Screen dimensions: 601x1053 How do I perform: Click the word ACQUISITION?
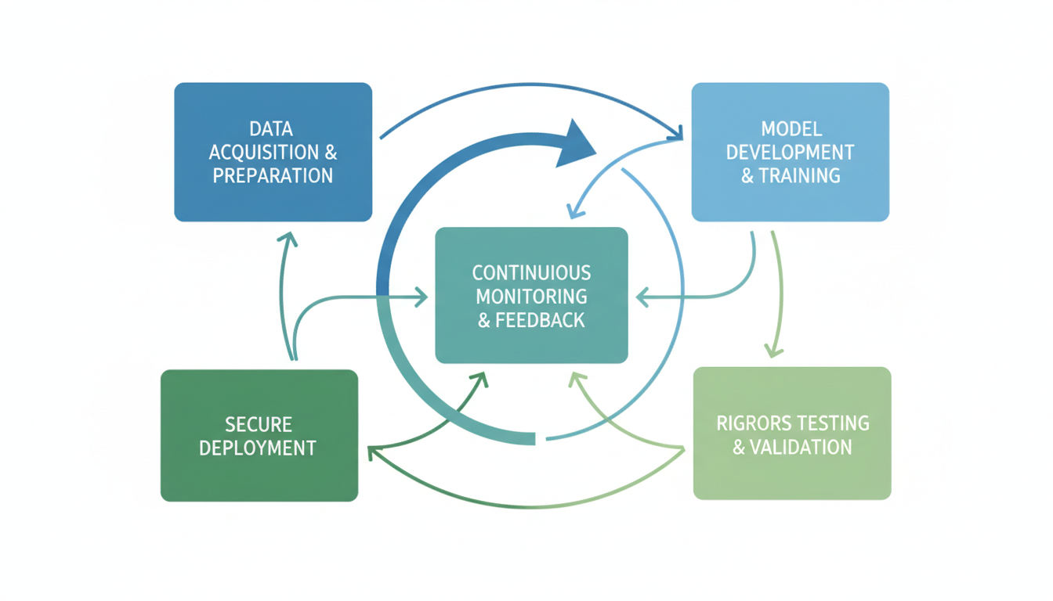(263, 152)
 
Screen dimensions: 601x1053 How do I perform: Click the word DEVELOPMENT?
(790, 152)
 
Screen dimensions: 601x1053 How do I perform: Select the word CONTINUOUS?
(531, 273)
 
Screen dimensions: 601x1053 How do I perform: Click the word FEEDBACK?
(541, 320)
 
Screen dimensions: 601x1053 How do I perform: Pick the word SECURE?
(259, 425)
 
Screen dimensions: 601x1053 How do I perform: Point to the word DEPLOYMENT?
(259, 448)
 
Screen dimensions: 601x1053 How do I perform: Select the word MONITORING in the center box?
(531, 297)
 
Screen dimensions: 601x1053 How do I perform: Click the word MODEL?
(790, 128)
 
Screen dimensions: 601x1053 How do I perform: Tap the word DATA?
(272, 128)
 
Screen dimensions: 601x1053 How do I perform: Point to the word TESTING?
(831, 423)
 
